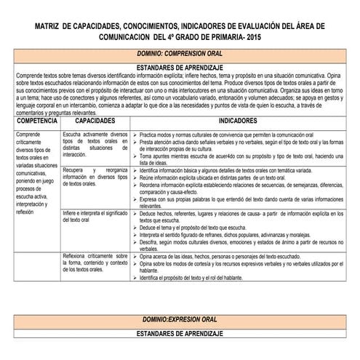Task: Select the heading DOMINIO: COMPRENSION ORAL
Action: pyautogui.click(x=179, y=54)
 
